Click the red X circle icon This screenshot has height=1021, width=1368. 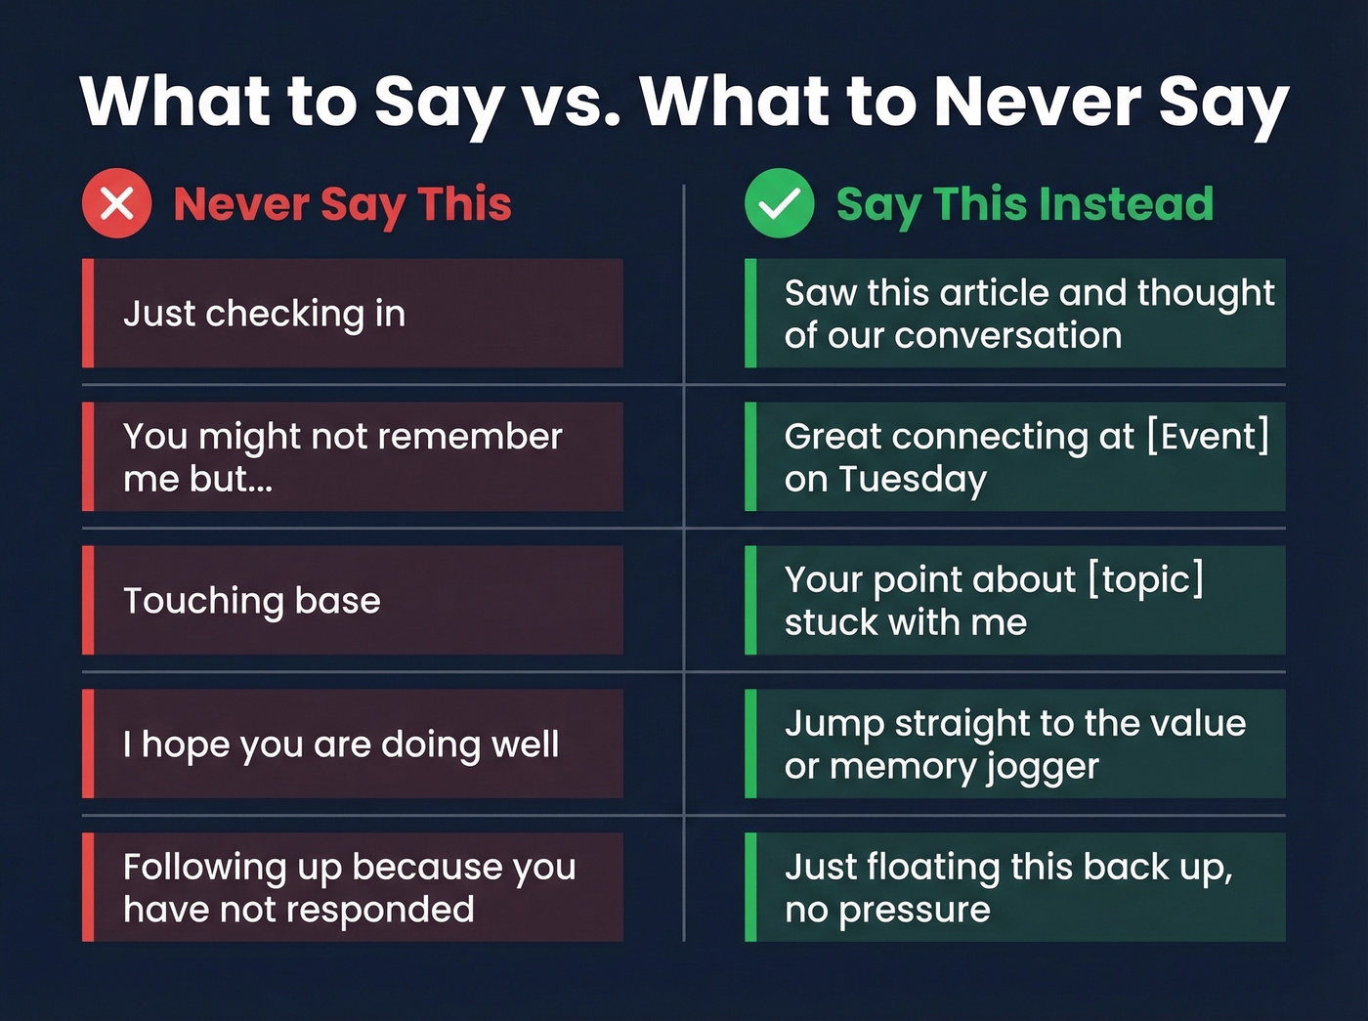click(x=116, y=203)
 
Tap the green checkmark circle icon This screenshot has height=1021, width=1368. click(x=779, y=203)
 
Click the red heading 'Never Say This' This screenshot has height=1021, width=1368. click(x=342, y=205)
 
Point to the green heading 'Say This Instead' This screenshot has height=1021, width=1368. click(x=1024, y=205)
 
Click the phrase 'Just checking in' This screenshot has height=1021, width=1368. click(x=264, y=314)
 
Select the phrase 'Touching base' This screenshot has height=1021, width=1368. click(x=251, y=601)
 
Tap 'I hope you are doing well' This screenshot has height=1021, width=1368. click(x=341, y=744)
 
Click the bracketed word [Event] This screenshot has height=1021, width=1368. click(x=1208, y=436)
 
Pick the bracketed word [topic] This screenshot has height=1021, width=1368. click(x=1146, y=579)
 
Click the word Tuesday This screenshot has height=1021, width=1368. click(x=913, y=480)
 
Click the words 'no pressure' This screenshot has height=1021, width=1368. click(x=887, y=911)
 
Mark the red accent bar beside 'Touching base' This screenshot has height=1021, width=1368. click(x=88, y=600)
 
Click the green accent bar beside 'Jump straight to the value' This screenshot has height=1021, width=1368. click(x=750, y=744)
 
